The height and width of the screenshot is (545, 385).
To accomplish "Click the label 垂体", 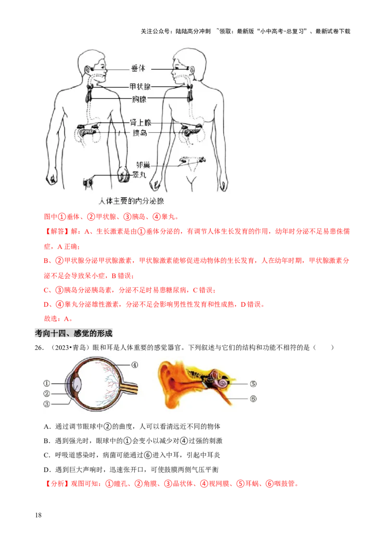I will click(138, 69).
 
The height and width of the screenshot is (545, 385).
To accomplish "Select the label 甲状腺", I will click(140, 87).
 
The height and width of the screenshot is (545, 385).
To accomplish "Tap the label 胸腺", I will click(140, 99).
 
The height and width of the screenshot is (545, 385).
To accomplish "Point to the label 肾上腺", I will click(141, 123).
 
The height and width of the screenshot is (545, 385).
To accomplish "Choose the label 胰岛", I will click(140, 132).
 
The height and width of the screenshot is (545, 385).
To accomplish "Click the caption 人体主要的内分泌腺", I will click(131, 199).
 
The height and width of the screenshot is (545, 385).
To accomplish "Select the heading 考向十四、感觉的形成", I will click(75, 333).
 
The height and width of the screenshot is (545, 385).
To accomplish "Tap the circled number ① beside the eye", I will click(47, 384).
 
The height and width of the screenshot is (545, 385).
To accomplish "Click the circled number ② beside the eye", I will click(47, 393).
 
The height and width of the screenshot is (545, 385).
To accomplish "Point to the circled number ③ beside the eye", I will click(47, 403).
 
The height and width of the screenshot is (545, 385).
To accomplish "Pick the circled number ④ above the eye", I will click(135, 365).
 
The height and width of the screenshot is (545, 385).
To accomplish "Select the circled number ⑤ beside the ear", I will click(253, 384).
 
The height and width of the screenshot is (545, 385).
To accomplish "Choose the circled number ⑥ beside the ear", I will click(253, 398).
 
